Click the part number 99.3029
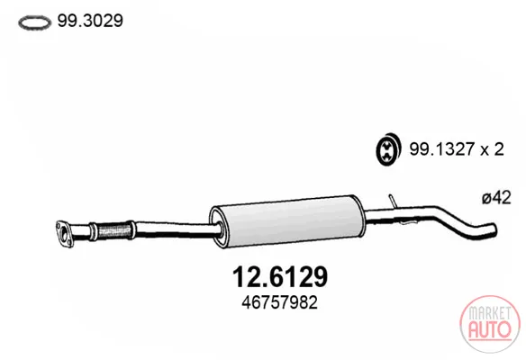[x=90, y=21]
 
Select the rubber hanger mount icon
[x=388, y=149]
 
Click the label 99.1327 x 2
[x=457, y=148]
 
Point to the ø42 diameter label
[x=496, y=197]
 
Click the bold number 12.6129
[x=280, y=277]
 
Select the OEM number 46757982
[x=279, y=302]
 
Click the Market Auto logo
[x=490, y=324]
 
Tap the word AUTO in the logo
[x=490, y=329]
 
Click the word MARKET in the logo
[x=490, y=314]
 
